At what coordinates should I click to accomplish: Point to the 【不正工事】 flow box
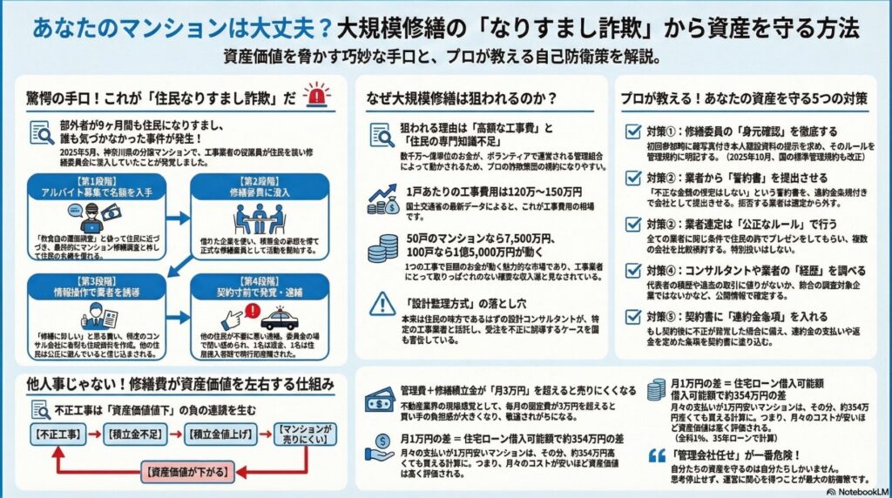click(x=57, y=432)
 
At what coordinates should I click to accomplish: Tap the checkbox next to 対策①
click(x=634, y=131)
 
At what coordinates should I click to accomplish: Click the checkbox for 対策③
click(x=634, y=225)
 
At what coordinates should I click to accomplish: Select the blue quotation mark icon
click(x=658, y=454)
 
